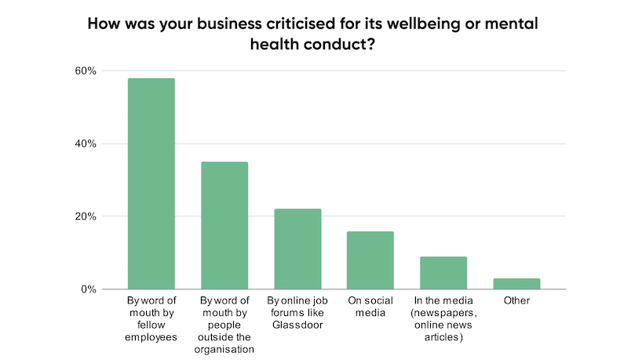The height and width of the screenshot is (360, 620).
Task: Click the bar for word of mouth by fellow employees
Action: pos(151,184)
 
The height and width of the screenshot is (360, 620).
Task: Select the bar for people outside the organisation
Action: pos(224,225)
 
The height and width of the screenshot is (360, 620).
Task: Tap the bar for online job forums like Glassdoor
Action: pos(297,249)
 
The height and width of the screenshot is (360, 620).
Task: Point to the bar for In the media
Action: pos(443,272)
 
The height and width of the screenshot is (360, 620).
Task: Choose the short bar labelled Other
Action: pos(516,283)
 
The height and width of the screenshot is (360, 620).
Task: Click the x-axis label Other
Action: pos(516,300)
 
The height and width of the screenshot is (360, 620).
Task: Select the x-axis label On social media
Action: pos(370,307)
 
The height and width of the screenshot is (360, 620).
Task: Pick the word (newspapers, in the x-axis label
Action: pos(443,313)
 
